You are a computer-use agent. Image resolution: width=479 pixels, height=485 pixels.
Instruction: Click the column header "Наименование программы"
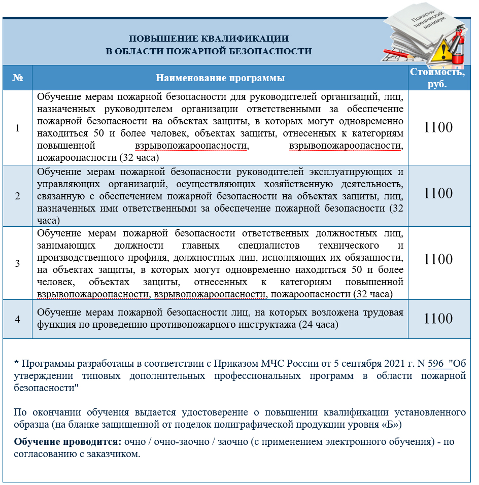click(220, 78)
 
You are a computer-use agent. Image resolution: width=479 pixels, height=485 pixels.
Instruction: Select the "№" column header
click(18, 78)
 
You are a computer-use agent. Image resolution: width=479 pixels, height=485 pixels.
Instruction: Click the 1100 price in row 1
click(438, 127)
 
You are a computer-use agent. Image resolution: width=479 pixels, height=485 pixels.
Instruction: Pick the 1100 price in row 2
click(438, 193)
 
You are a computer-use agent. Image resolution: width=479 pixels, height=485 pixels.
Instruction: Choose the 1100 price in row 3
click(438, 259)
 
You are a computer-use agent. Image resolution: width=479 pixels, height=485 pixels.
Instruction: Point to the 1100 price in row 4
click(438, 319)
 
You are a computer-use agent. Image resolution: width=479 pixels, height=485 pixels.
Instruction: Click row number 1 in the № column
click(18, 128)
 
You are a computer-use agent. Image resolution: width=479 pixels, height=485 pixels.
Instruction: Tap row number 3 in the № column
click(18, 263)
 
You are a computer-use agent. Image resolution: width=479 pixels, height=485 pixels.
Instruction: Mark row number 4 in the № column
click(18, 319)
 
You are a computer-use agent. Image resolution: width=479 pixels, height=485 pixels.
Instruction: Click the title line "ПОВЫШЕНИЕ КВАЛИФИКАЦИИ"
click(209, 39)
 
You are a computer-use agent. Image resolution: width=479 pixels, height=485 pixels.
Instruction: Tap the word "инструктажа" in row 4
click(271, 324)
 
